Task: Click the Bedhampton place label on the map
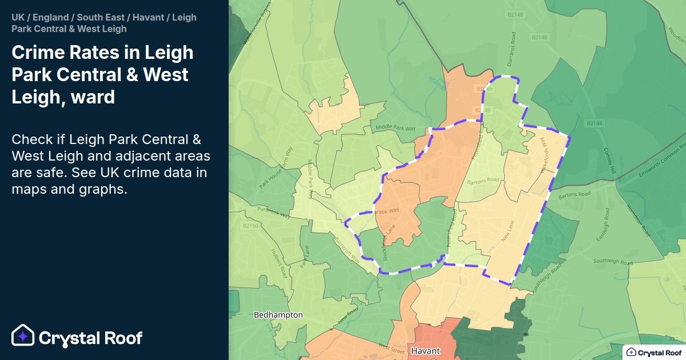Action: (x=278, y=315)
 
